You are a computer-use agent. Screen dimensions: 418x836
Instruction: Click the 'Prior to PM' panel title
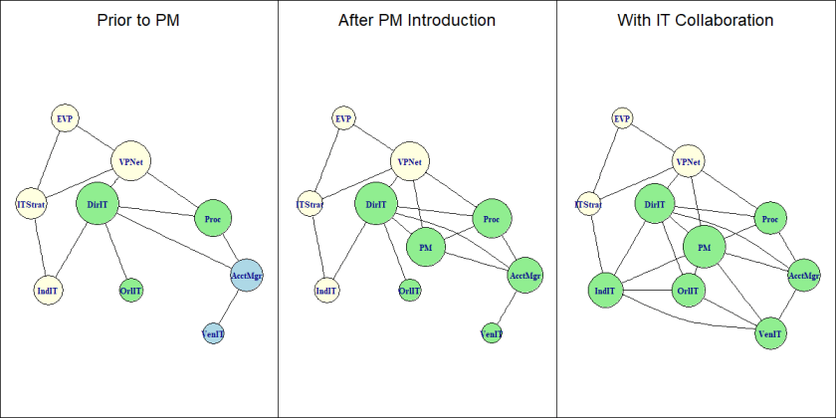coord(138,20)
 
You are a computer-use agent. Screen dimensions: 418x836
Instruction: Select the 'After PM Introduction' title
coord(417,20)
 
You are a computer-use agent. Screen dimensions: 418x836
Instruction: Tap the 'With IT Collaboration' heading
coord(696,20)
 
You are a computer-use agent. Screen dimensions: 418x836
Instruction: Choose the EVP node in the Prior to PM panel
coord(65,118)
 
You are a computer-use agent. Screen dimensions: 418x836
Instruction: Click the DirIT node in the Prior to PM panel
coord(98,204)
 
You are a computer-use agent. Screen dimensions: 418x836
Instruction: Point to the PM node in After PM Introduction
coord(425,245)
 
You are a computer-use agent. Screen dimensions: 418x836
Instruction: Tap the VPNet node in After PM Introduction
coord(409,162)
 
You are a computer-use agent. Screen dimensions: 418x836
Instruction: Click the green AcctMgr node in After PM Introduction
coord(525,274)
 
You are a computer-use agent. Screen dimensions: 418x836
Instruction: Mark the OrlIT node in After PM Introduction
coord(409,292)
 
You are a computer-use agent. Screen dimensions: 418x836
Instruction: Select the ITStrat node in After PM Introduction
coord(311,206)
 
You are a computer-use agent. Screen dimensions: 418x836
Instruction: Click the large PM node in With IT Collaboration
coord(705,246)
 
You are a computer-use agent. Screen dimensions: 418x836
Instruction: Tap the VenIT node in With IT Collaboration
coord(769,333)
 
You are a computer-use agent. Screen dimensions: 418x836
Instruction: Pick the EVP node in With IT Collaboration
coord(623,118)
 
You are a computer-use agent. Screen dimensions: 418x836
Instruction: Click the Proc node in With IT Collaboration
coord(769,219)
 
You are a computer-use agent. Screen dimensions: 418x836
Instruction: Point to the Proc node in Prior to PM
coord(212,219)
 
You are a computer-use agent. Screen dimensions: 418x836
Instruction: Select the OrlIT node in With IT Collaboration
coord(688,292)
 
